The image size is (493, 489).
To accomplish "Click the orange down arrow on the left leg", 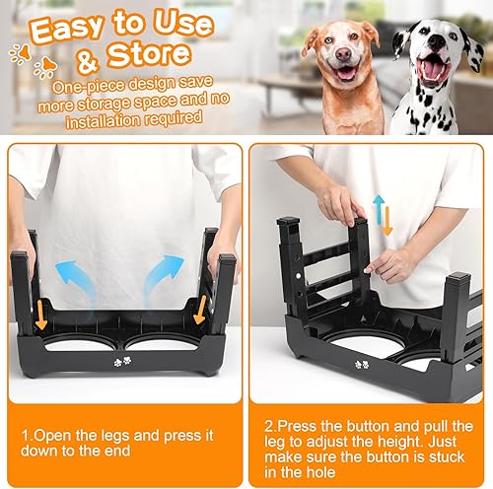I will [x=41, y=316].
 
